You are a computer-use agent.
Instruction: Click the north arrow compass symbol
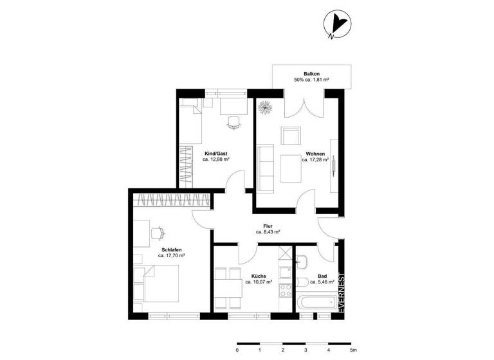(x=337, y=25)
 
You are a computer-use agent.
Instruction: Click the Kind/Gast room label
(x=215, y=154)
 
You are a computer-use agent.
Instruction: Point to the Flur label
(x=268, y=226)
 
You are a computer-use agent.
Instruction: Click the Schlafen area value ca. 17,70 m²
(x=171, y=255)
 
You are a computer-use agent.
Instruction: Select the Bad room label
(x=322, y=276)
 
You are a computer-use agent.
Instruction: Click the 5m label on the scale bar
(x=352, y=350)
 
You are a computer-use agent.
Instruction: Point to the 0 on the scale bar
(x=237, y=350)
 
